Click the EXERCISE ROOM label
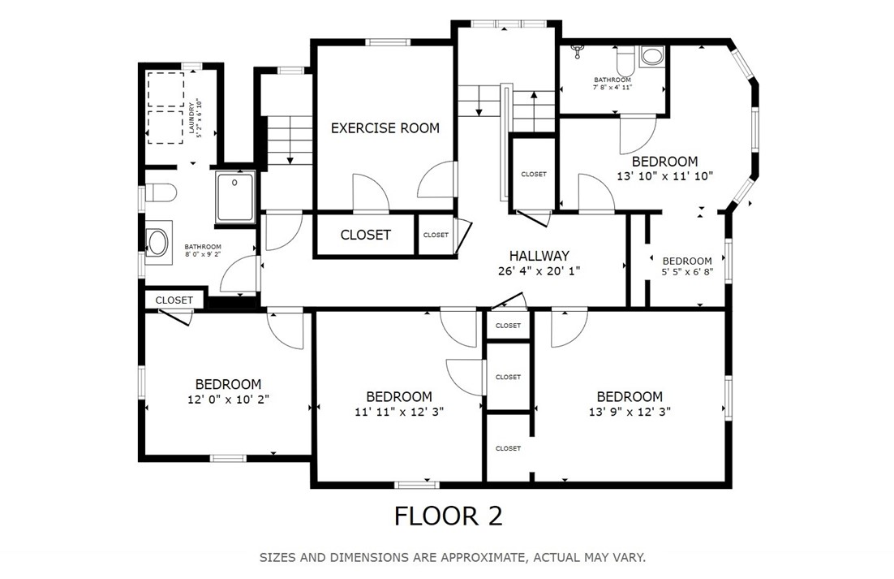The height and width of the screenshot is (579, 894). tap(385, 127)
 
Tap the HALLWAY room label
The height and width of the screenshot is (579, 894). tap(539, 256)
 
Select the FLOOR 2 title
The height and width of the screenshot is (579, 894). tap(449, 516)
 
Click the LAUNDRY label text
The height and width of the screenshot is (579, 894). tap(191, 118)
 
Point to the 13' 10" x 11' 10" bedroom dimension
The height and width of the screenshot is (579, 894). tap(664, 176)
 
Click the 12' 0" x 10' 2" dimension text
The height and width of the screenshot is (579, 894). tap(228, 400)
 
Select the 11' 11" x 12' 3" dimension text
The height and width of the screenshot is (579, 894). tap(399, 411)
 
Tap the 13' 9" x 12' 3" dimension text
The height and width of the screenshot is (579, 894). tap(630, 411)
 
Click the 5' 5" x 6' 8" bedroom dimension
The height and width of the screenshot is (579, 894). tap(687, 272)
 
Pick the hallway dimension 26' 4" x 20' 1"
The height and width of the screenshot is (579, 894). tap(539, 270)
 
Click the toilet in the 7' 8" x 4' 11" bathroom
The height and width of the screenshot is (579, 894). tap(625, 58)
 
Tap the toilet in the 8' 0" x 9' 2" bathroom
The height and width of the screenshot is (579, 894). tap(160, 192)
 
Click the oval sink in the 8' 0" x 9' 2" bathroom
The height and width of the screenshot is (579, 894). tap(157, 243)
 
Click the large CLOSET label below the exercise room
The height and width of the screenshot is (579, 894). tap(365, 235)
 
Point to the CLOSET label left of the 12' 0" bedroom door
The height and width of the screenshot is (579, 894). tap(174, 300)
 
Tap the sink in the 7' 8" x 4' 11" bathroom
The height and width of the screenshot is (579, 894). tap(651, 56)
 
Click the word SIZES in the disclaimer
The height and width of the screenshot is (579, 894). tap(277, 557)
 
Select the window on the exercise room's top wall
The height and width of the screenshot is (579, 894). tap(388, 41)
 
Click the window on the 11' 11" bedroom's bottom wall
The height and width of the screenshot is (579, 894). tap(416, 485)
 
